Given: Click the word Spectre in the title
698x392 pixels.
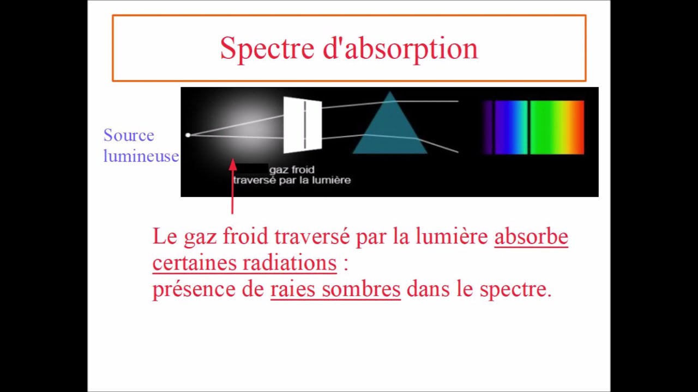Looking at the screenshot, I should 268,49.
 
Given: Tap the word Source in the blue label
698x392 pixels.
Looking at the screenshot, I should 129,135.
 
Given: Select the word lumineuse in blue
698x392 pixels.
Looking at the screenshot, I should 141,156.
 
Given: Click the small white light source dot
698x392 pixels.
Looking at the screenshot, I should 188,135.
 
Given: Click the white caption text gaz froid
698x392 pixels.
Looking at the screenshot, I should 292,170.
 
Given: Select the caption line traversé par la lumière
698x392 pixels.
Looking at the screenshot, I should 292,180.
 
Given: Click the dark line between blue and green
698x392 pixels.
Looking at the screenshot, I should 528,127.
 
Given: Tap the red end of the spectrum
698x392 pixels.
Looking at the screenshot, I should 579,127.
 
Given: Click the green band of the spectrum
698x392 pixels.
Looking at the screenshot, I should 545,127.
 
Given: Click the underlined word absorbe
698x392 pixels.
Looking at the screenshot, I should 531,237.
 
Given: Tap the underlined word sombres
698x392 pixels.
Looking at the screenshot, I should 361,289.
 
